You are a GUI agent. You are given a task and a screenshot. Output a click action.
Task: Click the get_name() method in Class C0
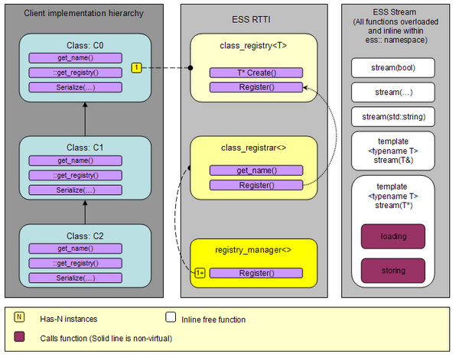(x=76, y=58)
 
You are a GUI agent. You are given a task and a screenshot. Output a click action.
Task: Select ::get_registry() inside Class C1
(x=76, y=176)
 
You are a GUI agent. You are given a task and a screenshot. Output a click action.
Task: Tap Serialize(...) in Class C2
(x=76, y=277)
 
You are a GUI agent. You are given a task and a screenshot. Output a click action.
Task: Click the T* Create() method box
(x=256, y=73)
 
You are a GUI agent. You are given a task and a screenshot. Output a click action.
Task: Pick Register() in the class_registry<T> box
(x=256, y=87)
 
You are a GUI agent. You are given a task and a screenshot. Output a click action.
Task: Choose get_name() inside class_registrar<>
(x=256, y=170)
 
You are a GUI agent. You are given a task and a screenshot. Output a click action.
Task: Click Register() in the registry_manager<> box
(x=256, y=273)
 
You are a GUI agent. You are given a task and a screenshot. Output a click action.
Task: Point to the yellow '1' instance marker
(x=136, y=67)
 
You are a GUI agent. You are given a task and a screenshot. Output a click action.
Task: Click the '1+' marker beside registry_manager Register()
(x=200, y=273)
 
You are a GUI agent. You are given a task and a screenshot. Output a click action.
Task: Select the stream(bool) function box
(x=393, y=68)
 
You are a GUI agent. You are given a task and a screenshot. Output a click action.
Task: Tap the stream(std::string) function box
(x=393, y=117)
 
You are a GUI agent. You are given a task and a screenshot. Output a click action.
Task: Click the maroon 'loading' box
(x=393, y=236)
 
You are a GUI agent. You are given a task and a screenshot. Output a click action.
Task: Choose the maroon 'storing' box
(x=393, y=271)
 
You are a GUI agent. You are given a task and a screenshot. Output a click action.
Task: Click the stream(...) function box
(x=393, y=92)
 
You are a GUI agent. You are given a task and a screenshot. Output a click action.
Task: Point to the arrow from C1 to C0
(x=85, y=119)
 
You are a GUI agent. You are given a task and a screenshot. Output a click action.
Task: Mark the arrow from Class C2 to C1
(x=85, y=212)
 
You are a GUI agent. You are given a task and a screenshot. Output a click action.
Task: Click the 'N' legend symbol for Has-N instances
(x=19, y=317)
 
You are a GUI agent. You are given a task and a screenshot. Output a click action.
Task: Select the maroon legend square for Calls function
(x=19, y=336)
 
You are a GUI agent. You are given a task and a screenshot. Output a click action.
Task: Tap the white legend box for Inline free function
(x=171, y=317)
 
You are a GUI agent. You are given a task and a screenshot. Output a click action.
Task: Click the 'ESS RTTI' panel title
(x=251, y=20)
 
